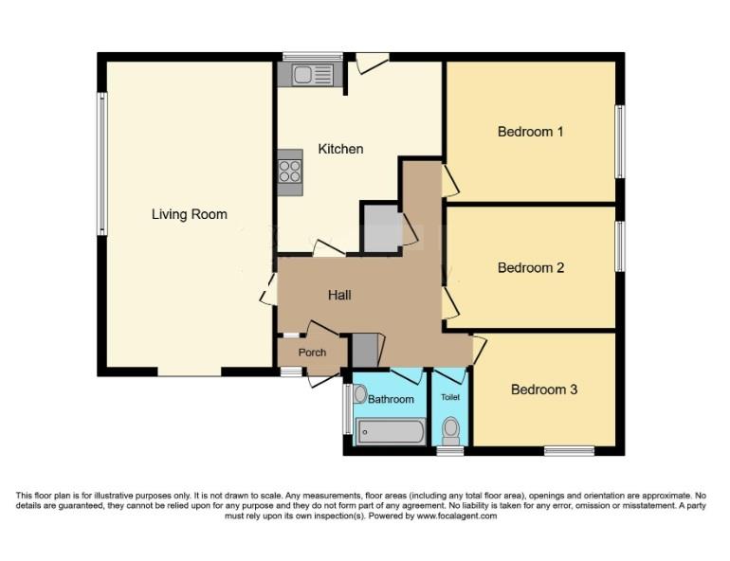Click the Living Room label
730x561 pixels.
[x=190, y=214]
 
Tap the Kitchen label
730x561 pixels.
[x=340, y=149]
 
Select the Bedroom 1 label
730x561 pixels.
[x=530, y=132]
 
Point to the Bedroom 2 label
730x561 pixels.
[x=531, y=267]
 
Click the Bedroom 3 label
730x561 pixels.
[x=544, y=389]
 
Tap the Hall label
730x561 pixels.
[x=339, y=295]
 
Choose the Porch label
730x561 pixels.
[x=312, y=353]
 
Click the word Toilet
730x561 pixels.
[x=450, y=397]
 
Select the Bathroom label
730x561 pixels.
[x=391, y=399]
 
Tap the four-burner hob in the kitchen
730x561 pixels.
[x=289, y=172]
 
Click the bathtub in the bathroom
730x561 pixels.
[x=391, y=431]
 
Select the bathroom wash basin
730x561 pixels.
[x=360, y=394]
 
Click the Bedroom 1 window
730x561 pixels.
[x=620, y=142]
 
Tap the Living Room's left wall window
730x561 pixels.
[x=102, y=163]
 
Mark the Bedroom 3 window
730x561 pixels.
[x=570, y=450]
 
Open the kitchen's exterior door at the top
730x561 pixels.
[x=372, y=63]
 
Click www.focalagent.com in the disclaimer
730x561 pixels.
[x=457, y=516]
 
